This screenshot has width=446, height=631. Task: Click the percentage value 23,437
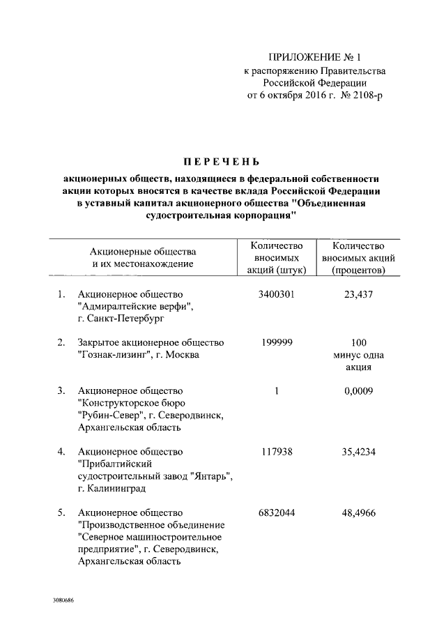point(359,294)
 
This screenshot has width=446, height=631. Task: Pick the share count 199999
point(277,342)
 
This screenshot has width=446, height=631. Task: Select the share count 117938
point(277,451)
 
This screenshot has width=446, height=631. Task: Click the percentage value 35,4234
point(359,451)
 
